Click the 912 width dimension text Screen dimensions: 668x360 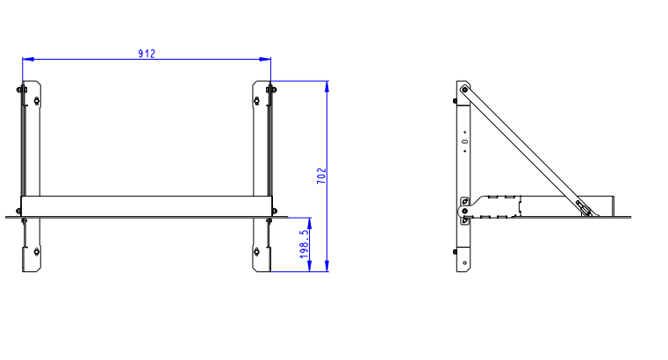[x=147, y=54]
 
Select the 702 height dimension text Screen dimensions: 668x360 [x=321, y=176]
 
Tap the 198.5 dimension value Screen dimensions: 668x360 [x=304, y=244]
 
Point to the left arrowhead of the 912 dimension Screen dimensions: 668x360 [x=28, y=59]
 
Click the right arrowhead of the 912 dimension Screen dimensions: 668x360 [x=265, y=59]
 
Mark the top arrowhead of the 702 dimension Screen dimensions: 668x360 [x=327, y=86]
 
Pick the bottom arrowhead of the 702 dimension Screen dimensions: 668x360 [x=327, y=266]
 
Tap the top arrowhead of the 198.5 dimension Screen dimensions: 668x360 [x=309, y=223]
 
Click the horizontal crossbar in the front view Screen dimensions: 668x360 [x=147, y=206]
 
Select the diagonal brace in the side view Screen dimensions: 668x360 [x=528, y=151]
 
